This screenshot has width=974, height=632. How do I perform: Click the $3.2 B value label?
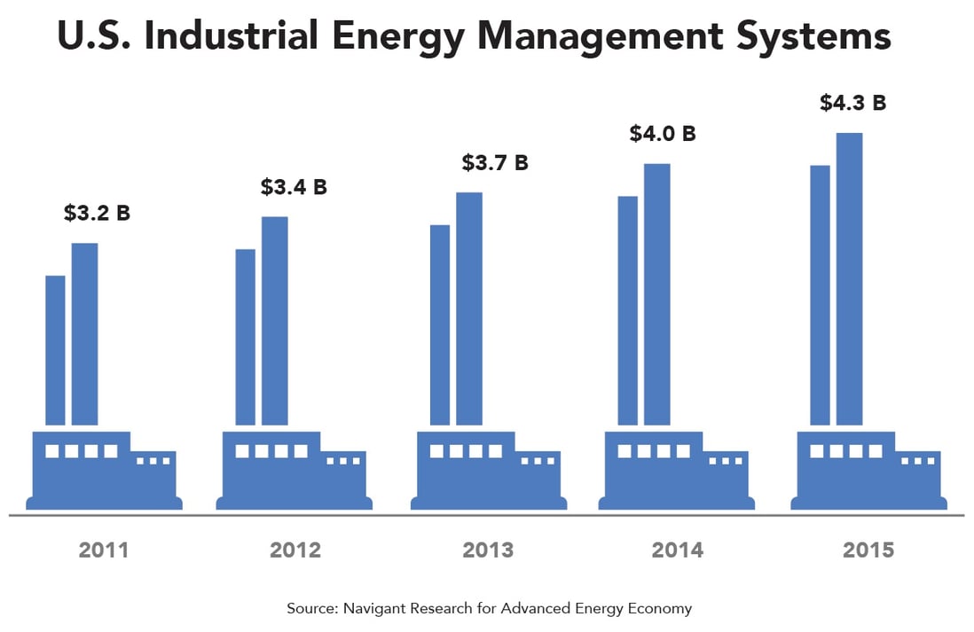97,214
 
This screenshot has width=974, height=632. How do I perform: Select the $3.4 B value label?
294,187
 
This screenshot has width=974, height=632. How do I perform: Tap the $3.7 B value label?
495,163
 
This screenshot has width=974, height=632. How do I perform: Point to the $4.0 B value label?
663,134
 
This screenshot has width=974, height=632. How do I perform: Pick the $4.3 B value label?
852,103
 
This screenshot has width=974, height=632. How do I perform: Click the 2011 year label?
104,550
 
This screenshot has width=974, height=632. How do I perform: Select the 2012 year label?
295,550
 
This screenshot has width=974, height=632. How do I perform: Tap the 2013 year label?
488,550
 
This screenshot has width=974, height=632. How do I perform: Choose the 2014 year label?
678,550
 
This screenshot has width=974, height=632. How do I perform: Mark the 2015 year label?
869,550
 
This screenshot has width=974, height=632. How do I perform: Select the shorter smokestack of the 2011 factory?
55,350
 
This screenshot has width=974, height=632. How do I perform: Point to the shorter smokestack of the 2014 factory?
627,310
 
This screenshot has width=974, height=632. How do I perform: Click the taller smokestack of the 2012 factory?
274,321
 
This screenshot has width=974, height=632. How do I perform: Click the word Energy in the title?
412,37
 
